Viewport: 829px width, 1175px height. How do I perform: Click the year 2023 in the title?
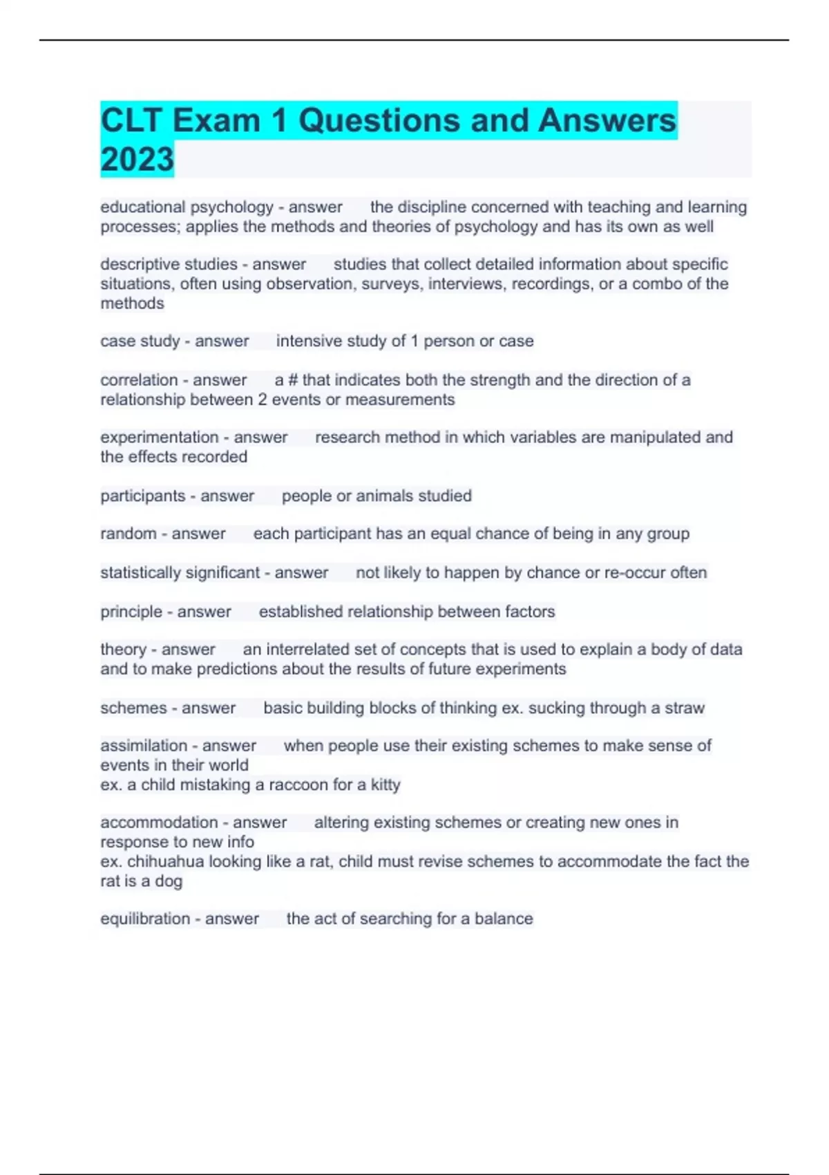point(137,159)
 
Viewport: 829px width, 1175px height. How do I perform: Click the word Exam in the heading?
point(216,120)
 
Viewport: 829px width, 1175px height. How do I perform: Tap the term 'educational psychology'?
point(187,207)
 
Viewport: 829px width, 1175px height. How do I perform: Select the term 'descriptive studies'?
point(169,264)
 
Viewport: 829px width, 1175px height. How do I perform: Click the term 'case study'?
point(140,341)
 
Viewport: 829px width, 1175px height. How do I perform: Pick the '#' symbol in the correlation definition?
point(293,380)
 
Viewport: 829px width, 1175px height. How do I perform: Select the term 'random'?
point(128,534)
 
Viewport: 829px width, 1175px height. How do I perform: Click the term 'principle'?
point(131,612)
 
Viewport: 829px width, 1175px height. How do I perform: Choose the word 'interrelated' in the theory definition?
point(307,650)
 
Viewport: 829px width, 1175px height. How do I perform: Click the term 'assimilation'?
point(144,746)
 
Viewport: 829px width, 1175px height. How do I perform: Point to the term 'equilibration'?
point(145,919)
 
